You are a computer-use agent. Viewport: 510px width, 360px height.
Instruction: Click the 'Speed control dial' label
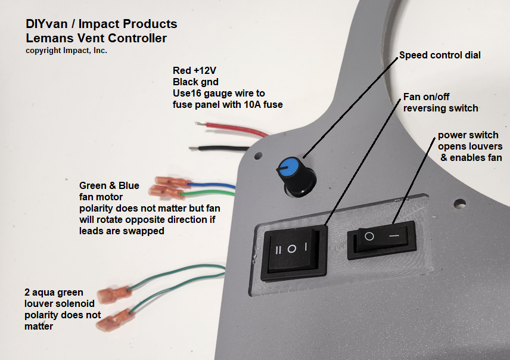tap(440, 55)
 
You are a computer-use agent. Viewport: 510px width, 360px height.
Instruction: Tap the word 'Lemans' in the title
tap(45, 39)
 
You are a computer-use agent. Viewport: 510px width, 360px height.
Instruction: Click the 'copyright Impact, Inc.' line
tap(66, 51)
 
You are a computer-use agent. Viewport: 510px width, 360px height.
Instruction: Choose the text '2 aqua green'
tap(54, 292)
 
